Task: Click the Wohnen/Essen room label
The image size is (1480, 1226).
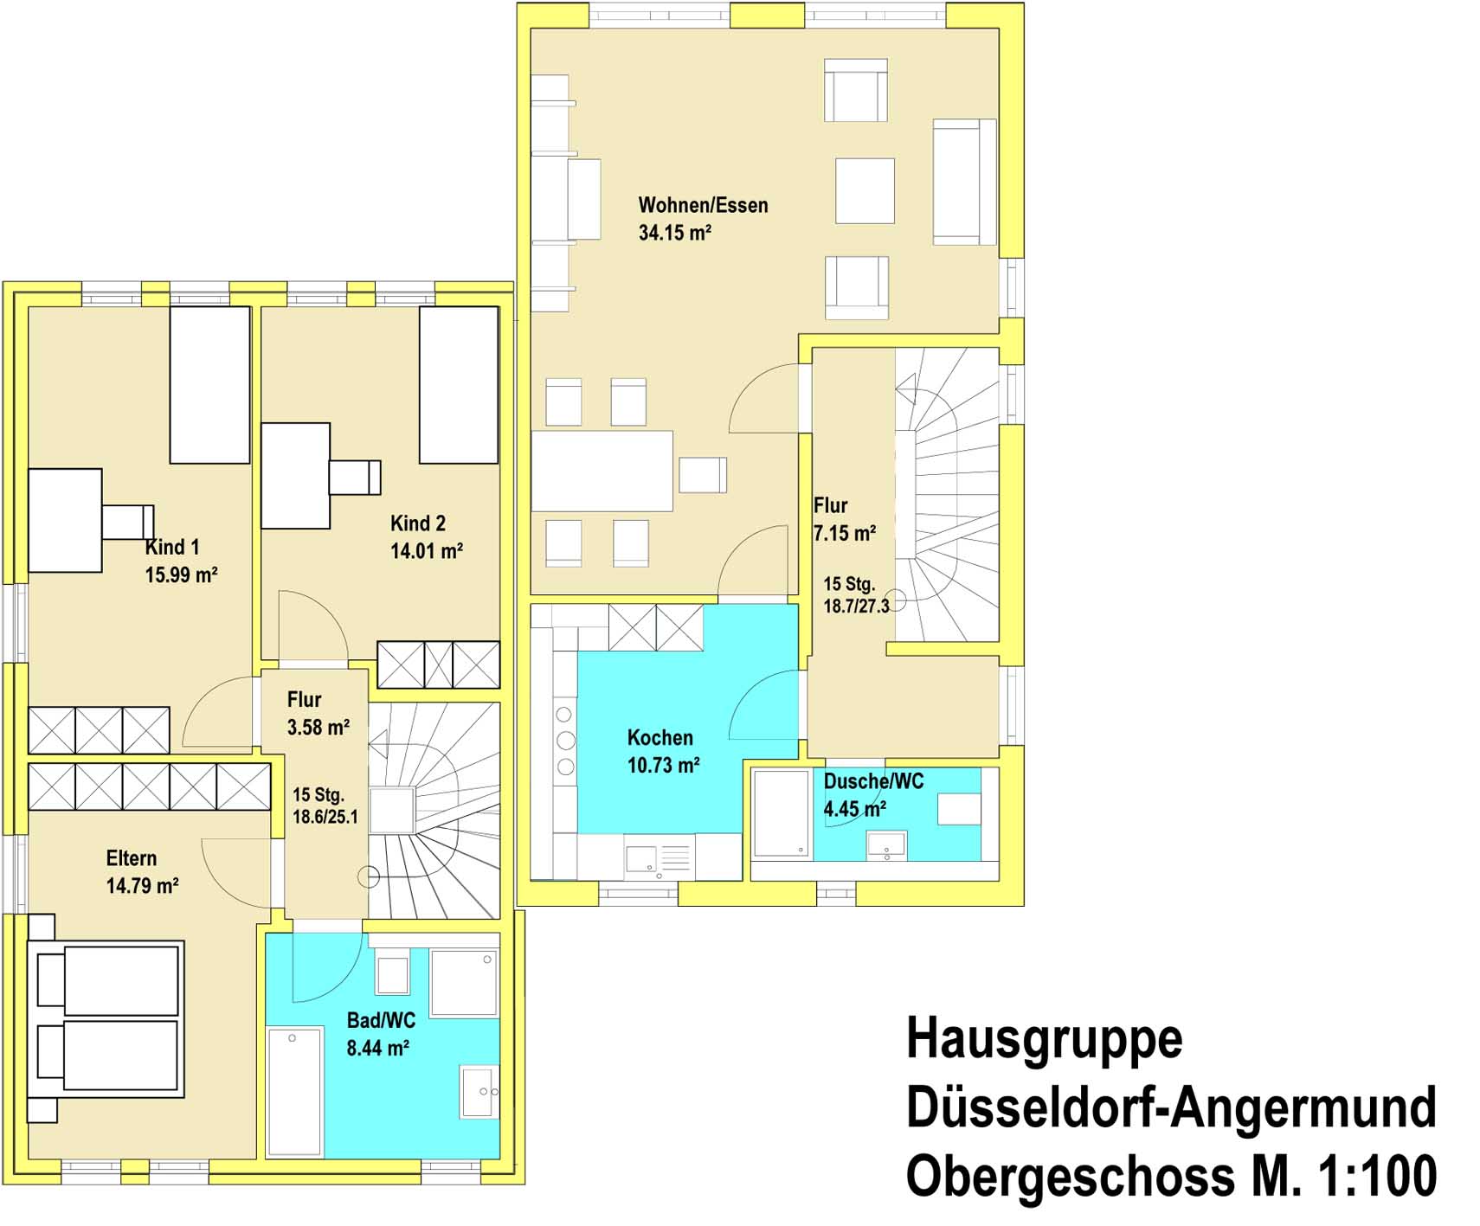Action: (703, 205)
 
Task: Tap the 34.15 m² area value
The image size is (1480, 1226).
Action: (675, 233)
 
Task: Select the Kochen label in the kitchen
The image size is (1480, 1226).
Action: (660, 738)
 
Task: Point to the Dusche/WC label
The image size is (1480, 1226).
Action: (873, 781)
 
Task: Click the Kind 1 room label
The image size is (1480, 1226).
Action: (172, 547)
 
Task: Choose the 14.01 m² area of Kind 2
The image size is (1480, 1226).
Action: (427, 551)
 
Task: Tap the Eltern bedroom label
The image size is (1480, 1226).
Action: (132, 858)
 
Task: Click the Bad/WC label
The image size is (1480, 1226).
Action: (381, 1020)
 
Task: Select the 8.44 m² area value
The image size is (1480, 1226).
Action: (377, 1048)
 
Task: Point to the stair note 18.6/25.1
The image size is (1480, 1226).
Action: (325, 817)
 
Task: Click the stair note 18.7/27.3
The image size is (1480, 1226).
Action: (856, 607)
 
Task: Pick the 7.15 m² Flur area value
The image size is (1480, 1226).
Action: (845, 533)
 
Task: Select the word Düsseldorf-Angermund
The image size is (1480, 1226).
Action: (1171, 1107)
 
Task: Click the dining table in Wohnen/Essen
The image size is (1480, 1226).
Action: (602, 471)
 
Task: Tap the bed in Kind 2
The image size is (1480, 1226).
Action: (459, 385)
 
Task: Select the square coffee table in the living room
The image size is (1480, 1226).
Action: (865, 190)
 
